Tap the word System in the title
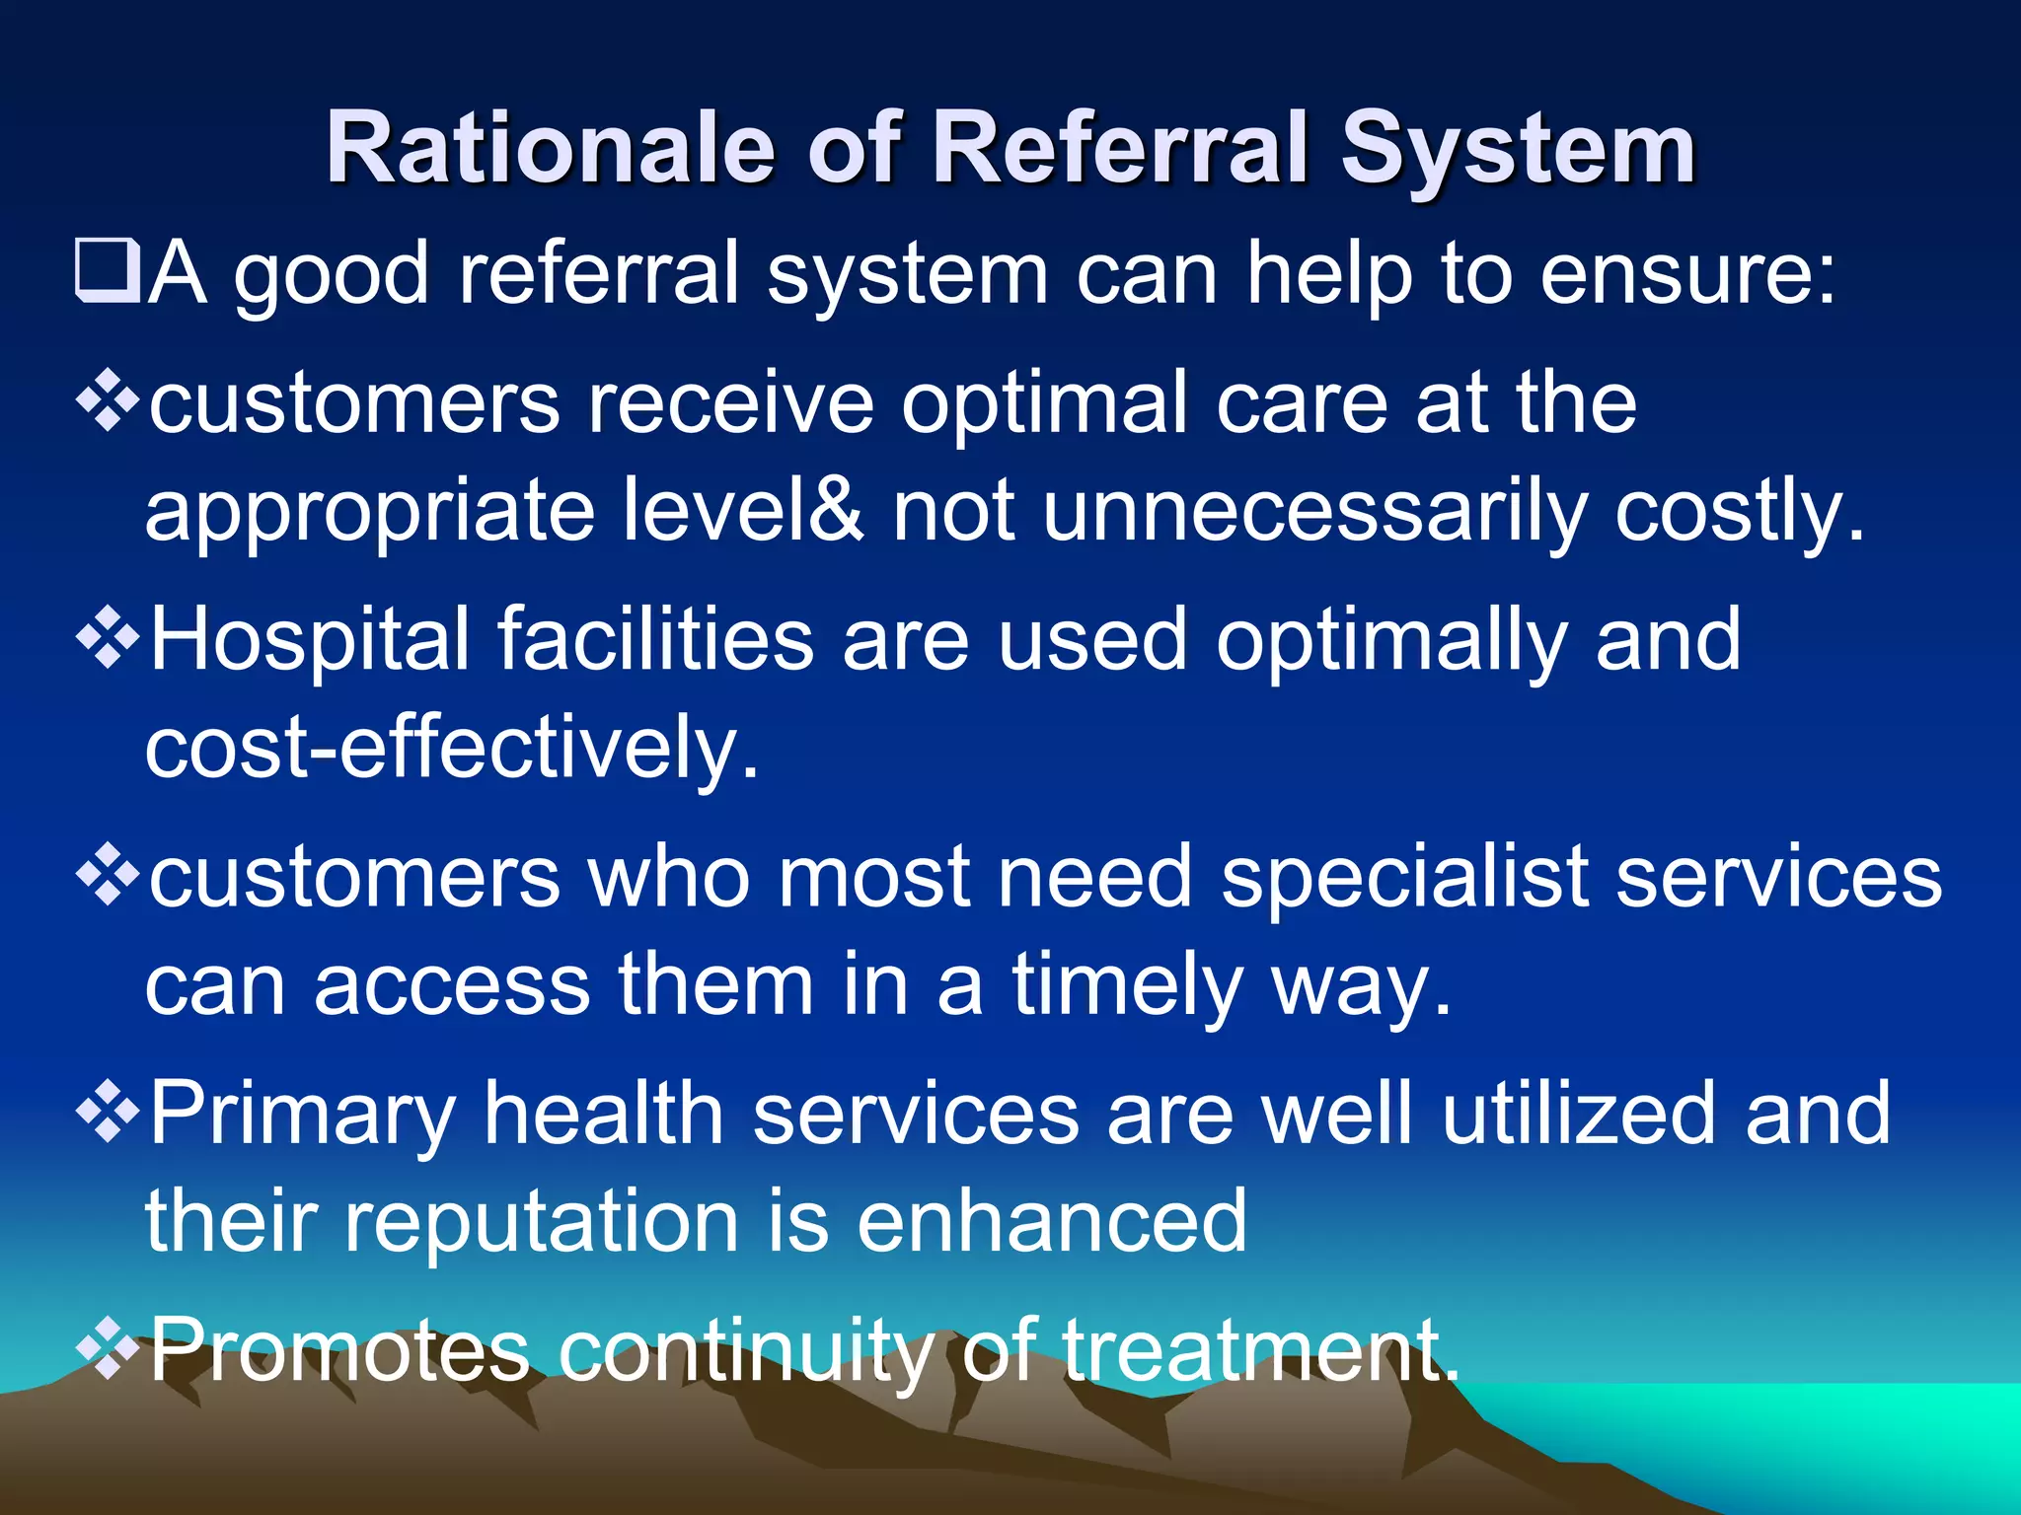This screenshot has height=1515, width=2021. point(1517,150)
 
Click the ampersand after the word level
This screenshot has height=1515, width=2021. point(839,510)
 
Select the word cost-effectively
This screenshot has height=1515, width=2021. point(452,749)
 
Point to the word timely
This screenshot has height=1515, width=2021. point(1126,985)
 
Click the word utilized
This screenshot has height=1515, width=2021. point(1579,1113)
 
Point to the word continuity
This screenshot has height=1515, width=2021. point(746,1351)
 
